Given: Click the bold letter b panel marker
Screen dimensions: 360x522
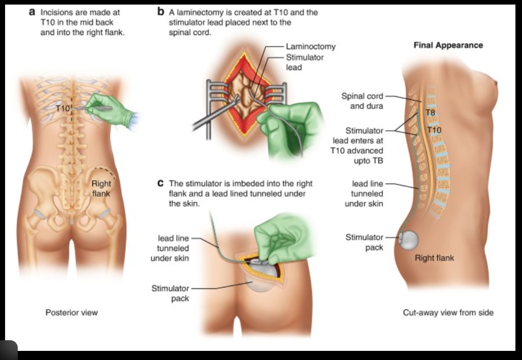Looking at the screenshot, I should (x=161, y=12).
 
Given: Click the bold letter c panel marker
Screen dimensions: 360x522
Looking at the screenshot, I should (x=161, y=183).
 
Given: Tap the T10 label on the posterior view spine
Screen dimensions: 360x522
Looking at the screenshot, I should (x=63, y=108).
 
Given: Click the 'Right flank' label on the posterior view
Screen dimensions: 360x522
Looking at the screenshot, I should (x=101, y=189).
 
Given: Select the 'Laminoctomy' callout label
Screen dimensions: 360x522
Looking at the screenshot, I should (x=310, y=47).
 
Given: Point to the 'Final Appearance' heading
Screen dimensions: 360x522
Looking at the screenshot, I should (x=448, y=45).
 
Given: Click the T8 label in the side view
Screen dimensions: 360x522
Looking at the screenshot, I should (x=430, y=113).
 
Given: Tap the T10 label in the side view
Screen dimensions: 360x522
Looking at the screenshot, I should (x=434, y=130).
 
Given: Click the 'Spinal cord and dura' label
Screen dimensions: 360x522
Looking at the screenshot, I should (x=362, y=101).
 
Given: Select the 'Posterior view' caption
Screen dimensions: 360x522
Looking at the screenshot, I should (x=72, y=312).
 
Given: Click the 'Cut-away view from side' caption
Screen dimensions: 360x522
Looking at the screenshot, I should (x=448, y=312).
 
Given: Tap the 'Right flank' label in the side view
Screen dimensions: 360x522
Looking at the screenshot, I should (x=434, y=258).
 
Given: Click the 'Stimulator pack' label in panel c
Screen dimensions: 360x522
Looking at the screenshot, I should (x=170, y=293).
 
